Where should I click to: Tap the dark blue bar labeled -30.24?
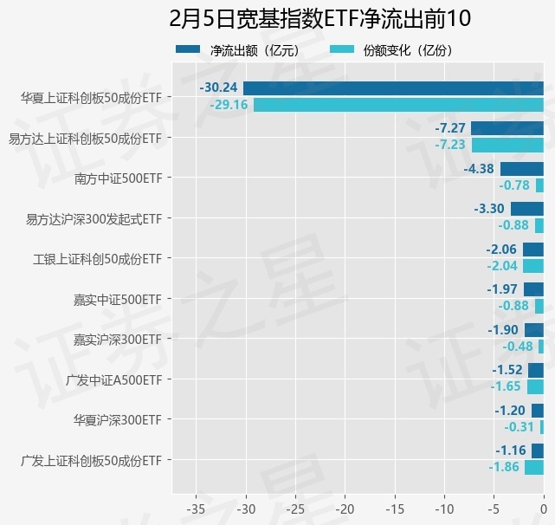click(x=393, y=87)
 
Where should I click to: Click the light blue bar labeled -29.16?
click(x=398, y=105)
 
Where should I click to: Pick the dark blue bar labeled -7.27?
click(x=507, y=128)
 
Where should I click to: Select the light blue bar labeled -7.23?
click(x=507, y=145)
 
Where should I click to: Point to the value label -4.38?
click(x=479, y=168)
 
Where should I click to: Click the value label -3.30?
click(x=489, y=209)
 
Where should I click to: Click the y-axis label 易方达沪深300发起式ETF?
click(x=94, y=218)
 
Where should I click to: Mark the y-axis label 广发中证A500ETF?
click(x=113, y=379)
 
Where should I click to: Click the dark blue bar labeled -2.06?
click(x=533, y=250)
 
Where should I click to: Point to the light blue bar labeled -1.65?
click(x=535, y=386)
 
